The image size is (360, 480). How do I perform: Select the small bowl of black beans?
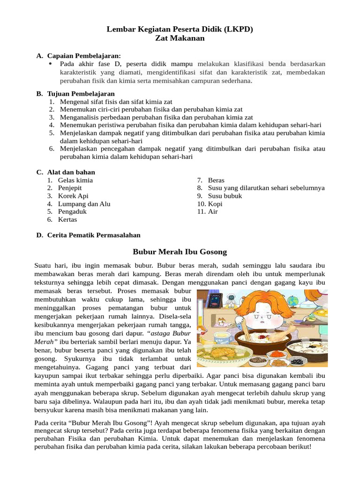pos(297,360)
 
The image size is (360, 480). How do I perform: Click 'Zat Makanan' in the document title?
pos(180,38)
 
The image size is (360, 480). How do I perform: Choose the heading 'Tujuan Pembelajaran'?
pos(81,94)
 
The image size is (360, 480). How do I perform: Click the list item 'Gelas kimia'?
pos(75,180)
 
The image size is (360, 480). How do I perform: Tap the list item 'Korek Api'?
pos(73,196)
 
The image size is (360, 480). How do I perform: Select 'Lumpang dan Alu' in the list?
pos(84,204)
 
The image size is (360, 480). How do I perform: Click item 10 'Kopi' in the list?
pos(215,204)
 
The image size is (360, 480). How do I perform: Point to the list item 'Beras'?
pos(216,180)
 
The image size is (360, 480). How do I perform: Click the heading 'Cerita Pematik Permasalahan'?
pos(94,235)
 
